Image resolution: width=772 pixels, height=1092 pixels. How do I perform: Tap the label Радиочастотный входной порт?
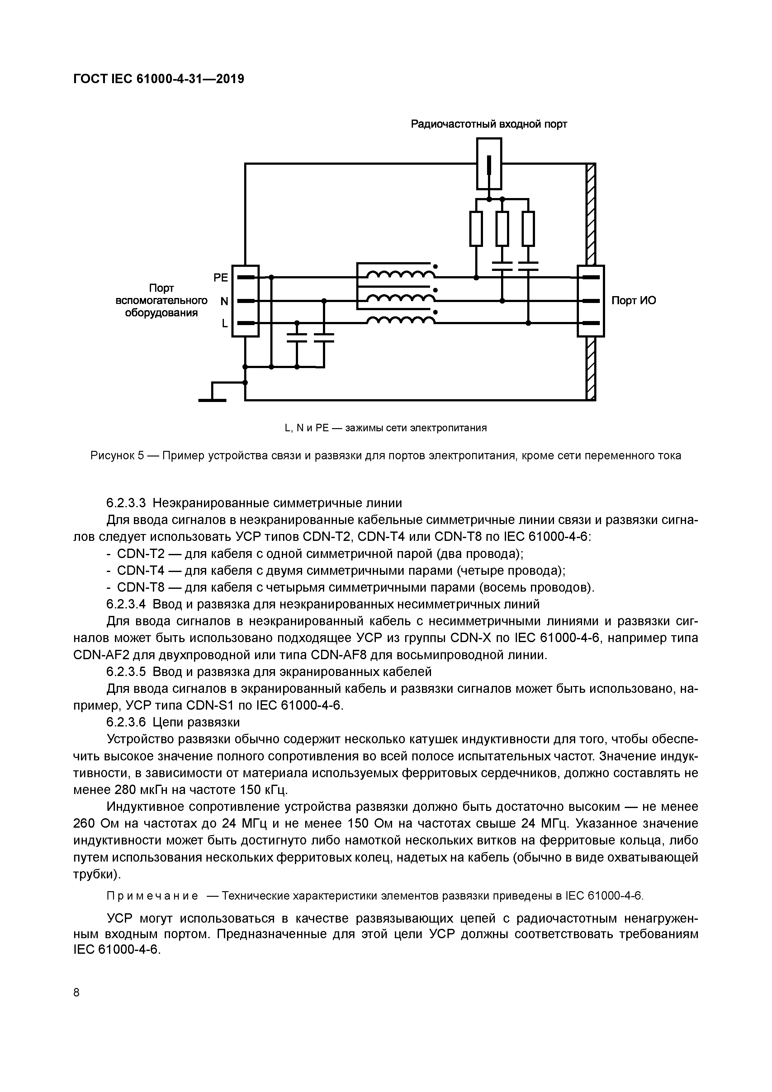pyautogui.click(x=489, y=125)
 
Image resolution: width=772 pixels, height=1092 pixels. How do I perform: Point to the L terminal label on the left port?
pyautogui.click(x=225, y=324)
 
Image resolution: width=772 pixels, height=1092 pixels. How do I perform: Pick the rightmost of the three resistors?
pyautogui.click(x=528, y=229)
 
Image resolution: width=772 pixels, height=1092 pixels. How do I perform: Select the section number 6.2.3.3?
pyautogui.click(x=126, y=503)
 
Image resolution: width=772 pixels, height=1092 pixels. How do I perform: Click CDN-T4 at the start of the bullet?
pyautogui.click(x=138, y=571)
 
